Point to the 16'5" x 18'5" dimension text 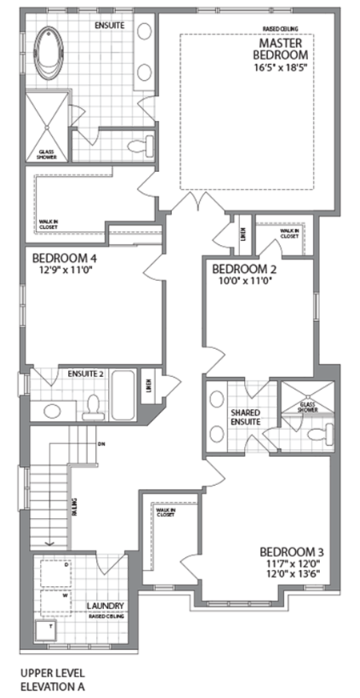(x=280, y=69)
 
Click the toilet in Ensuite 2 (x=94, y=407)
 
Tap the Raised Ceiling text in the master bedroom (x=280, y=30)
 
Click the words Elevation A (x=53, y=686)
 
